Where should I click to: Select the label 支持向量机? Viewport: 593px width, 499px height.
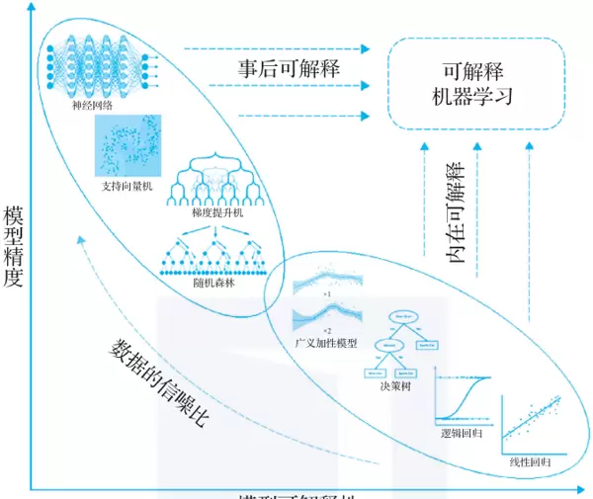(x=127, y=185)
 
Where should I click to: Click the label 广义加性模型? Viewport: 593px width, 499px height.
(x=325, y=342)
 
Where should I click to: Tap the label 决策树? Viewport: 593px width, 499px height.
(x=397, y=385)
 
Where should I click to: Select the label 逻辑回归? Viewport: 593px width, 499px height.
(x=460, y=433)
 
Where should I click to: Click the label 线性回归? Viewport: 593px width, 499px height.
(x=529, y=461)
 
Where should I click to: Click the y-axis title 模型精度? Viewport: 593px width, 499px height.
(x=13, y=247)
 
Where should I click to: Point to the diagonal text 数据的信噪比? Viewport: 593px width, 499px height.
(x=159, y=382)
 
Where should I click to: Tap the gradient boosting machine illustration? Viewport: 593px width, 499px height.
(x=216, y=178)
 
